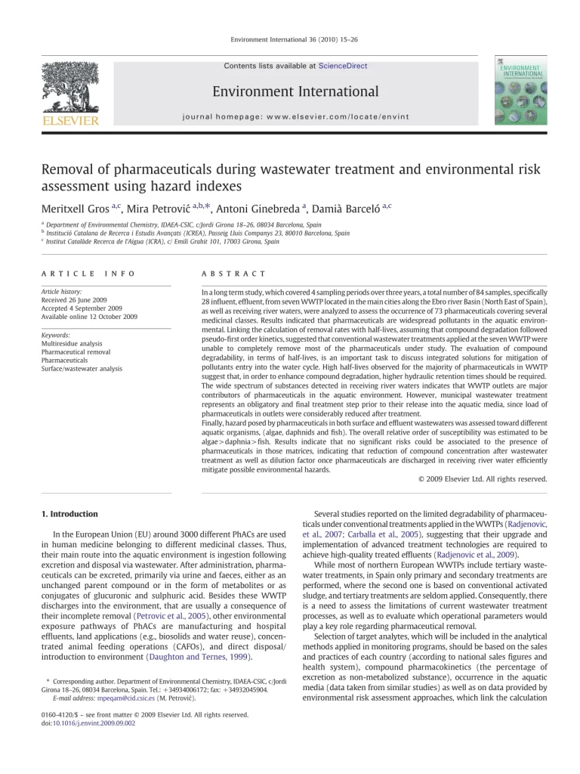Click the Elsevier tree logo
coord(69,88)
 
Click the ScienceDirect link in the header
coord(343,66)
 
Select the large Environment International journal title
coord(295,92)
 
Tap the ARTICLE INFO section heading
coord(88,273)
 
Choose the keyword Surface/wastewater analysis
coord(82,369)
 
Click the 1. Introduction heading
coord(69,514)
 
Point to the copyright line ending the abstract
coord(482,478)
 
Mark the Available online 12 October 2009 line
coord(89,317)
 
